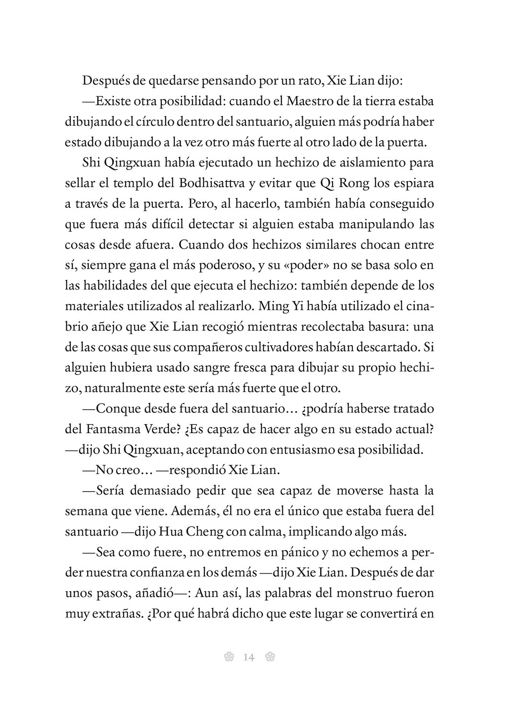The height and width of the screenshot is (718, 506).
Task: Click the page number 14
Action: [x=248, y=657]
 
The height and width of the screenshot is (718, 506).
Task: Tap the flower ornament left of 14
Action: [x=228, y=657]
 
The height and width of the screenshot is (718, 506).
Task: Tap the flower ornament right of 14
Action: [x=270, y=657]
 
